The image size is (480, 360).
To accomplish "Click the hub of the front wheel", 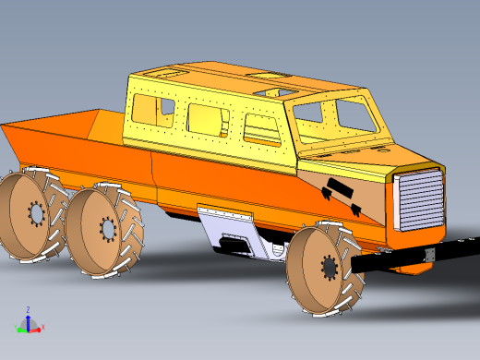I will click(x=330, y=268).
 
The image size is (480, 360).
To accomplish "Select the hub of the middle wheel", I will click(x=107, y=228).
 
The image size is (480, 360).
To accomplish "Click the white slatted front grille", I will click(x=420, y=199).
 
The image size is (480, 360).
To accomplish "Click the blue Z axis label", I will click(x=28, y=310).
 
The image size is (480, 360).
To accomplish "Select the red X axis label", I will click(x=43, y=328).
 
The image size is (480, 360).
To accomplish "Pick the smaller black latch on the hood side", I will click(x=327, y=195).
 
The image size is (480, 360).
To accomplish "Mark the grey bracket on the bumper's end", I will click(x=427, y=253).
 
